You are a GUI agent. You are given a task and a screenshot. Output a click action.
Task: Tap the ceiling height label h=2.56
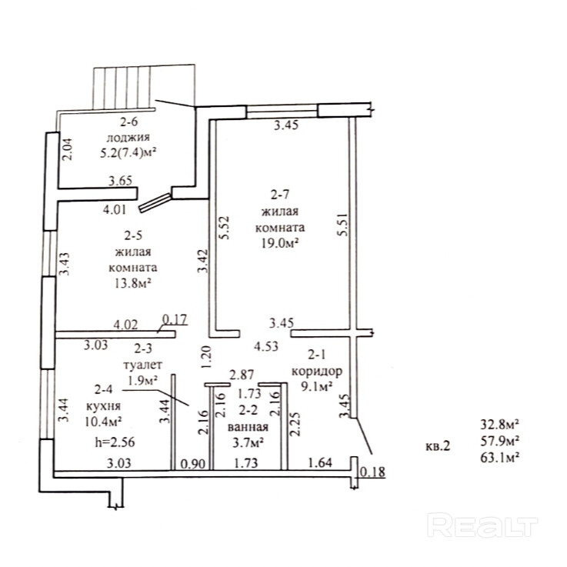[x=108, y=443]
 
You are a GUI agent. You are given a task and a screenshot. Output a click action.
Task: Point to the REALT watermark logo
[x=481, y=525]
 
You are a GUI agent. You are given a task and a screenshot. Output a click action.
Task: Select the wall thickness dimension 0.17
[x=175, y=318]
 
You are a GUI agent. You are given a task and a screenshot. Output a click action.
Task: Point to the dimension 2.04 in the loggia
[x=67, y=148]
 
